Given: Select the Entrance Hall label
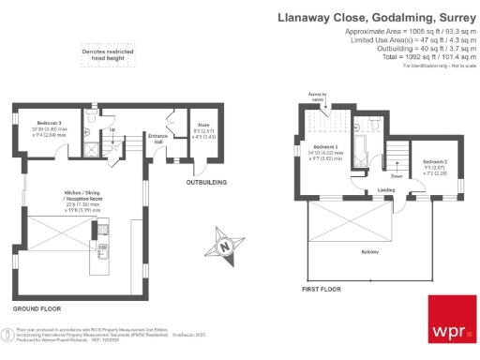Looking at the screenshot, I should pyautogui.click(x=157, y=140).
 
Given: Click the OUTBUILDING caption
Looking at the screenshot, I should pyautogui.click(x=206, y=181).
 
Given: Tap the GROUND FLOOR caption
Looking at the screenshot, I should pyautogui.click(x=37, y=307).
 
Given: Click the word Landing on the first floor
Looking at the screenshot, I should pyautogui.click(x=359, y=191).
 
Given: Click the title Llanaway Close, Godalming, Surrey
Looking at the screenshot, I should pyautogui.click(x=377, y=16).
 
